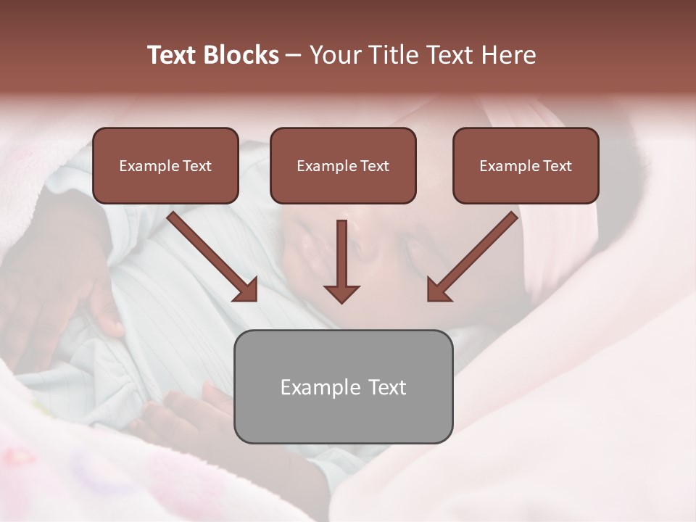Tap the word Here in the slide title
[x=507, y=55]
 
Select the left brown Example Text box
[x=165, y=165]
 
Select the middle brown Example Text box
[x=343, y=165]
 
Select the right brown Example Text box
[x=526, y=165]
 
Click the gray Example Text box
[x=343, y=386]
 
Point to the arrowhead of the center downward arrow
[x=341, y=294]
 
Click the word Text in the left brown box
[x=197, y=166]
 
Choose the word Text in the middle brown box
[x=375, y=166]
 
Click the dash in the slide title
[x=294, y=55]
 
